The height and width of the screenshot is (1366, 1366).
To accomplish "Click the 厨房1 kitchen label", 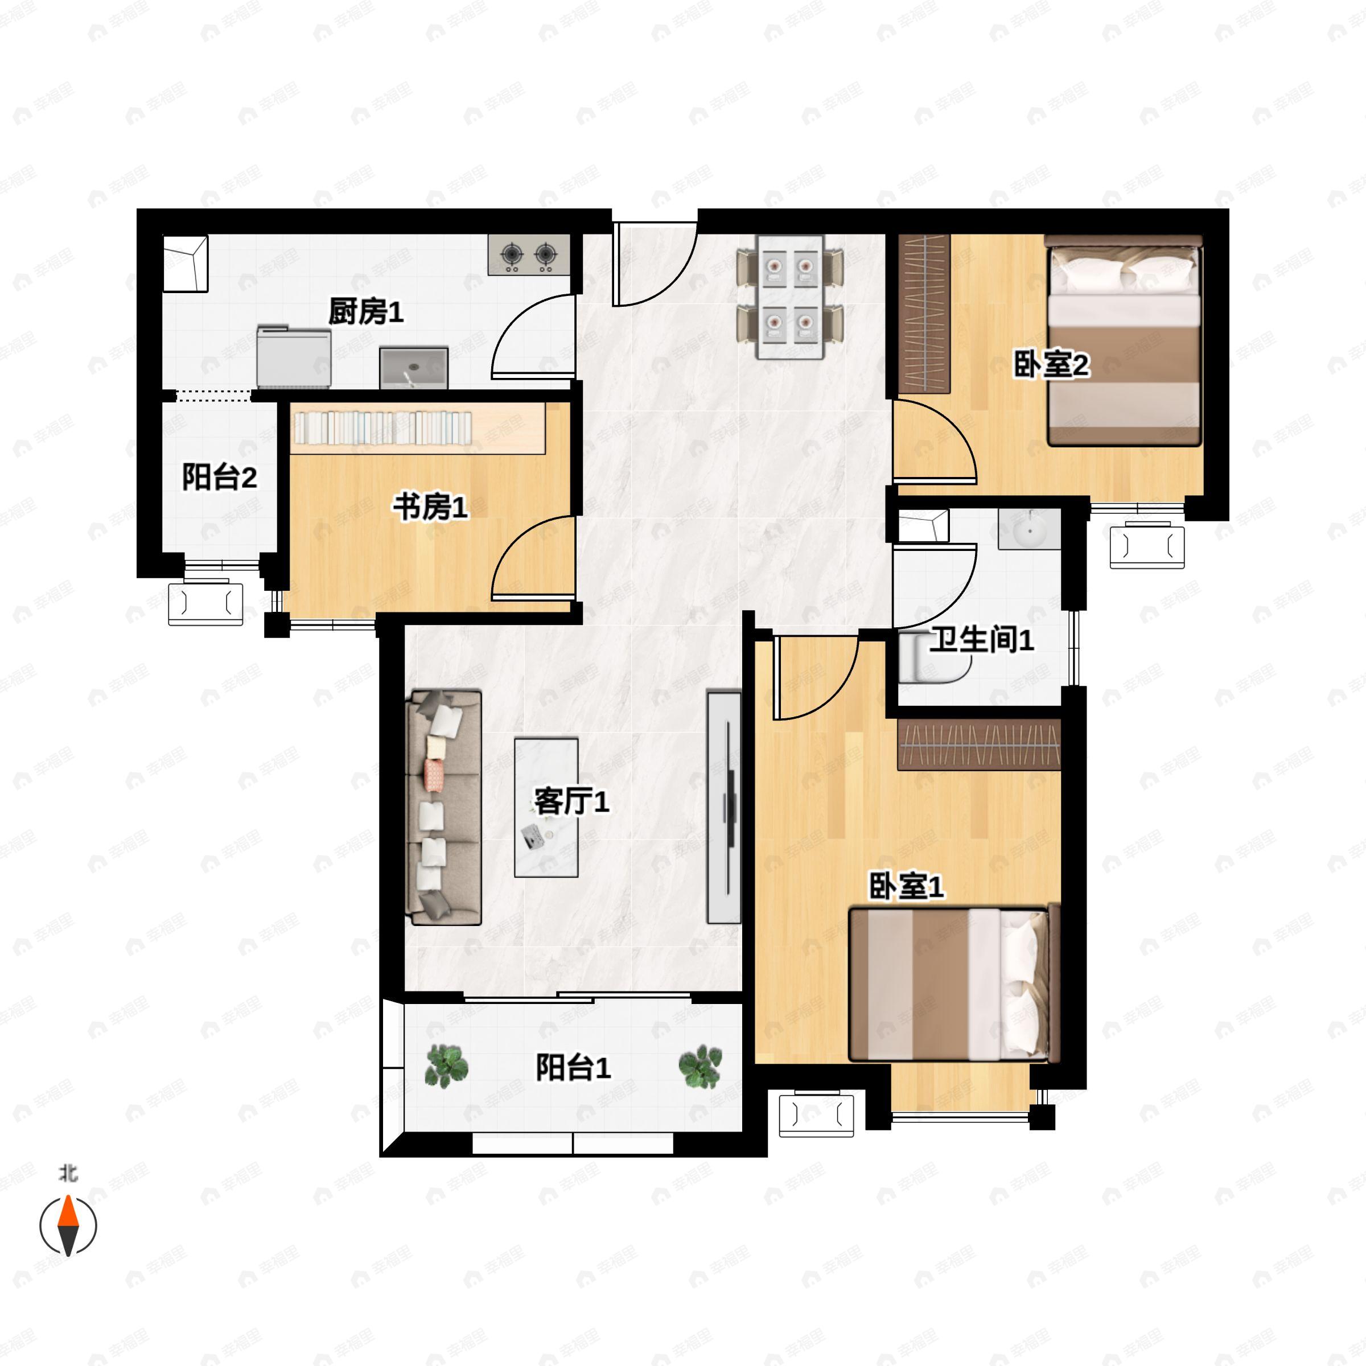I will [x=365, y=312].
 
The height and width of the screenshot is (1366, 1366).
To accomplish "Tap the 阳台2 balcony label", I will [x=219, y=478].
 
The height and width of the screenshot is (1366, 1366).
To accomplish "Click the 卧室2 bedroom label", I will [x=1051, y=365].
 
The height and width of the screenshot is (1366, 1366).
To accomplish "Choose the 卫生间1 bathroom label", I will [x=981, y=640].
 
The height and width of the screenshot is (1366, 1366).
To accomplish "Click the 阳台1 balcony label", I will [x=573, y=1068].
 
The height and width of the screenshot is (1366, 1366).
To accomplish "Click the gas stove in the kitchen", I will [x=529, y=254].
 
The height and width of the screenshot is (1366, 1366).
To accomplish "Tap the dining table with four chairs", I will [x=791, y=297].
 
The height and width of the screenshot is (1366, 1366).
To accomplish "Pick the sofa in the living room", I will [x=443, y=808].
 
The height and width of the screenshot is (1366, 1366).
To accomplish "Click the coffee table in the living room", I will [x=546, y=808].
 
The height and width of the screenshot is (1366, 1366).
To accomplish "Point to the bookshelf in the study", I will [x=417, y=429].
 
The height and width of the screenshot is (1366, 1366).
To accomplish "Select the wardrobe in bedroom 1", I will [x=978, y=745].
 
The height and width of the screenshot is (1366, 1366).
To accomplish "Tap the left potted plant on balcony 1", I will [x=446, y=1066].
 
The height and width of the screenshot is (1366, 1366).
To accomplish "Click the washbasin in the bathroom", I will [x=1030, y=529].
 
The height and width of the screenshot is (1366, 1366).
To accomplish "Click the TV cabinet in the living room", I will [x=724, y=808].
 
